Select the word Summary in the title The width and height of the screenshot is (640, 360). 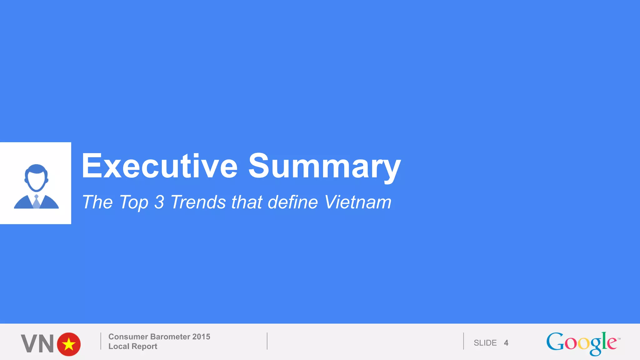pos(324,167)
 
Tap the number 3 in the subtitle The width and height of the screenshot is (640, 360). pos(159,202)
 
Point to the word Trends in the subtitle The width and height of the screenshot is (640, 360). pos(198,202)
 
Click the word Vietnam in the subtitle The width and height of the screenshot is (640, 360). pos(357,202)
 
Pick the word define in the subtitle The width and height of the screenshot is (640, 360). pos(293,202)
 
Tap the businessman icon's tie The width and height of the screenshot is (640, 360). pos(36,202)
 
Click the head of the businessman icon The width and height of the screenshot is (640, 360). pos(36,177)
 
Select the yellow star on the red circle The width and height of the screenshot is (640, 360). pos(69,344)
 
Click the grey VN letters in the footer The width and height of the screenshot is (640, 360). pos(37,344)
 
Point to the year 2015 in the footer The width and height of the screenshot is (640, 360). pos(201,337)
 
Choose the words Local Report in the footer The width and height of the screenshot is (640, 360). pos(133,346)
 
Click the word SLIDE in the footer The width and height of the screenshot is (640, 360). pos(485,343)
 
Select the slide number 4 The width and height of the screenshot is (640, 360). pos(506,343)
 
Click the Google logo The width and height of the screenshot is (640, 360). pos(582,343)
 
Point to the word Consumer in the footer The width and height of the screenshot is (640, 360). pos(128,337)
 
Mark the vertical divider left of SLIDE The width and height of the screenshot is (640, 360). pos(463,341)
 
